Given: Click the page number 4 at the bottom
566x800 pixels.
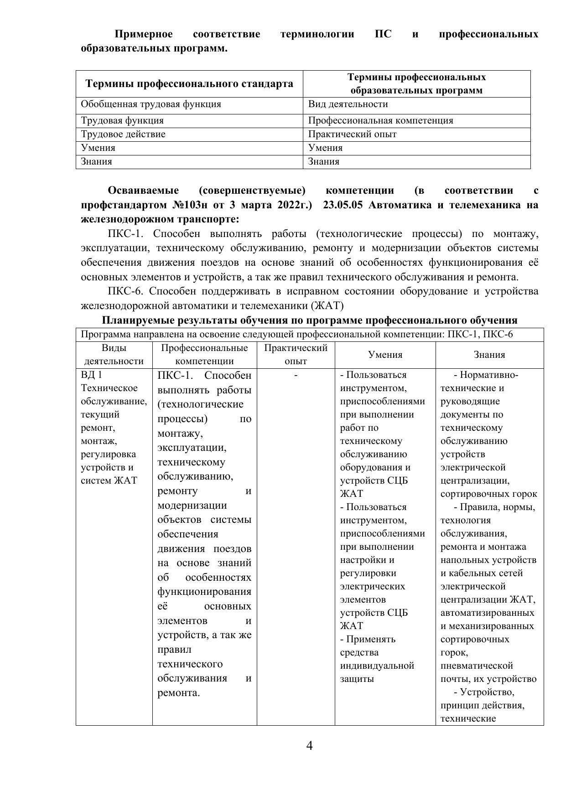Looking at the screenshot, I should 309,746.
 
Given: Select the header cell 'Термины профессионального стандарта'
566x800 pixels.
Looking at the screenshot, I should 189,84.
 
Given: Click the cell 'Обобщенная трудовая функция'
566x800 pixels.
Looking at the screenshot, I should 151,104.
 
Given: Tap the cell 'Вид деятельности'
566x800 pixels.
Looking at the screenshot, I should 348,104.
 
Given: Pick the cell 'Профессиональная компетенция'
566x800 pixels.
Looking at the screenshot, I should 380,121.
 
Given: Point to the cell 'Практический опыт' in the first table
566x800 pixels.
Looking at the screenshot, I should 352,134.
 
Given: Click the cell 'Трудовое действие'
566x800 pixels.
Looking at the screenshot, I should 123,134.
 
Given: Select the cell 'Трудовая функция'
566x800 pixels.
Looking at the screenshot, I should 122,121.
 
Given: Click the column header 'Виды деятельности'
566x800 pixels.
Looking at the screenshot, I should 114,355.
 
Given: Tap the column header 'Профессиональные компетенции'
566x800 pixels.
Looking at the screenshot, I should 204,355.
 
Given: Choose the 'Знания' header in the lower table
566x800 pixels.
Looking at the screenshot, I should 489,355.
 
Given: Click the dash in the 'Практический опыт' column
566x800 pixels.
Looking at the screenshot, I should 296,375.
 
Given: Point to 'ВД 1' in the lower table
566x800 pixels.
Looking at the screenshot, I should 91,375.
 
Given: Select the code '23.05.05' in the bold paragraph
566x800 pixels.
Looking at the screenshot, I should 343,205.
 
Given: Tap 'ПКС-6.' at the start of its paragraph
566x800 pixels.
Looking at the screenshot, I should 125,291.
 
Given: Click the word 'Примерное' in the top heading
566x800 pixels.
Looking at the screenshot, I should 143,34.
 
